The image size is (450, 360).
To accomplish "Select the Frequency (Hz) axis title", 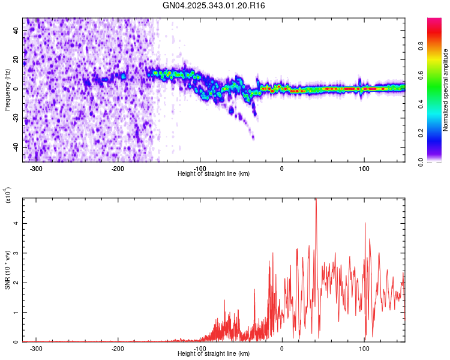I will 7,90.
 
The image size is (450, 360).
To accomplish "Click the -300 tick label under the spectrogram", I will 36,169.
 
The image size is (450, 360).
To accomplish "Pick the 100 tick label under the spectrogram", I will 364,169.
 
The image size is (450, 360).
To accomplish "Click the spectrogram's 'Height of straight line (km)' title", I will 214,174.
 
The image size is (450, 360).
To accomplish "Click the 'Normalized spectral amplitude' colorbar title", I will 445,90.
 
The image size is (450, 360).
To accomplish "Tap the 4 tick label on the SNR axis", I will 17,223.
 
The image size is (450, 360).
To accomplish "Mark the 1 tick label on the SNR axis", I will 17,313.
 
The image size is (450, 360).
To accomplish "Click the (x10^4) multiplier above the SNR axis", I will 8,196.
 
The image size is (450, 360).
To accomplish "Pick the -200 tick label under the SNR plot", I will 118,349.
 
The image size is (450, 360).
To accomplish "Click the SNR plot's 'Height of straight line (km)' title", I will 214,354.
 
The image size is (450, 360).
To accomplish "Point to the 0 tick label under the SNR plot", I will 282,349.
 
